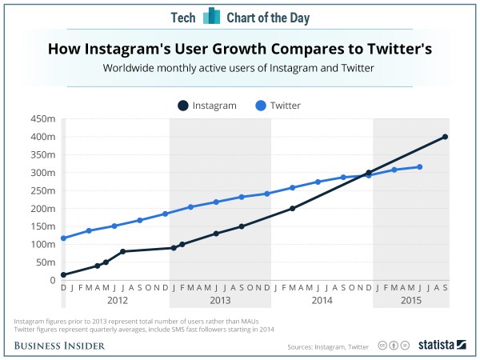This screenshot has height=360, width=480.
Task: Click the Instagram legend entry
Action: pos(207,105)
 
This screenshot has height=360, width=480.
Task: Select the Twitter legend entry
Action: pos(279,105)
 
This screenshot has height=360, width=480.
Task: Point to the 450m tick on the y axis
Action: pos(42,118)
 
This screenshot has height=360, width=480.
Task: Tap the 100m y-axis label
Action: pos(42,244)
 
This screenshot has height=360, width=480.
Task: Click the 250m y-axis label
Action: pos(42,190)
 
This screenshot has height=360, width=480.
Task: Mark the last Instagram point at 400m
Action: pos(445,137)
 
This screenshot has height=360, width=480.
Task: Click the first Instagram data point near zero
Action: pos(63,275)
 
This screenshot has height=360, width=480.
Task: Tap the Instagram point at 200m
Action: pos(293,209)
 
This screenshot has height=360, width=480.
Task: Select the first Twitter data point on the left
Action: pos(63,238)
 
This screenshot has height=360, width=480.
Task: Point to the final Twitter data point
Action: pos(419,167)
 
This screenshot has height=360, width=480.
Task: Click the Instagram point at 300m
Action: pos(369,173)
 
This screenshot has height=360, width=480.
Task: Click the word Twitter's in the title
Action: pos(394,49)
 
